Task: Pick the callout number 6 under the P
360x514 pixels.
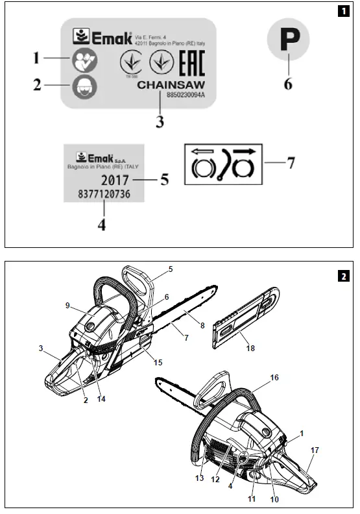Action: (289, 84)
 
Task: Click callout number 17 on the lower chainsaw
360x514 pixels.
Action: (315, 450)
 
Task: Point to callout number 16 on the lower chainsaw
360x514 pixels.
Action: (274, 377)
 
